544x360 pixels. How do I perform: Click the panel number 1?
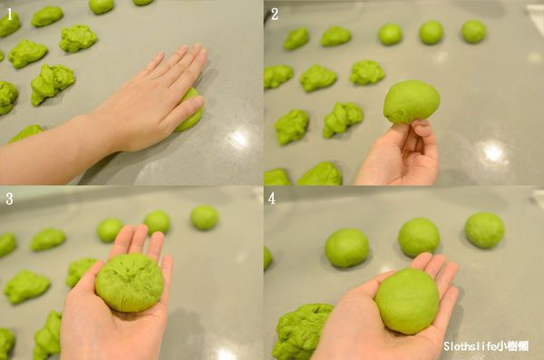[10, 15]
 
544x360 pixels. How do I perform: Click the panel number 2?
[275, 15]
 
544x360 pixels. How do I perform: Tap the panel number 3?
[9, 199]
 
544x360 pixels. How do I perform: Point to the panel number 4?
[272, 199]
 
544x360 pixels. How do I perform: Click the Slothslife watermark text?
[486, 346]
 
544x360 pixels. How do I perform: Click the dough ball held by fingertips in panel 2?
[412, 102]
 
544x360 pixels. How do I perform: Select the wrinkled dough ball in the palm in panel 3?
[130, 282]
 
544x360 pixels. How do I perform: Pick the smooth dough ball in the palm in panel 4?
[407, 301]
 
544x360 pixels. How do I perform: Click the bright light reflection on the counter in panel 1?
[239, 138]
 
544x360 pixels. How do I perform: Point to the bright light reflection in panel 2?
[493, 151]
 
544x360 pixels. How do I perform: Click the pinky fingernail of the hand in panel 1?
[198, 101]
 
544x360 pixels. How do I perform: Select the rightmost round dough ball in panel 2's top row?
[473, 31]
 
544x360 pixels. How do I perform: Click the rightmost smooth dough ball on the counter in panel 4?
[484, 230]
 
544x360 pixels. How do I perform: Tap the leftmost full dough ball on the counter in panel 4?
[347, 248]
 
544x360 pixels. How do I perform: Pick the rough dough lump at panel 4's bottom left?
[302, 332]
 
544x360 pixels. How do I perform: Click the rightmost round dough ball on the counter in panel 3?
[204, 218]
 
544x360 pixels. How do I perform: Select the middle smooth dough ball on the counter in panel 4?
[419, 238]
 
